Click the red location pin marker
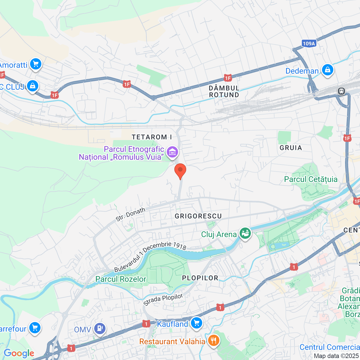[180, 171]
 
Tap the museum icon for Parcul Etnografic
[172, 152]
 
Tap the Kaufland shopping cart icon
[196, 323]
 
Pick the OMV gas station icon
[100, 328]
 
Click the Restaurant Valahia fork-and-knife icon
[214, 341]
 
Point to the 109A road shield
[309, 44]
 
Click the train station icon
[341, 91]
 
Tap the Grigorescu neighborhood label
[198, 216]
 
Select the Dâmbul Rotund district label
[224, 91]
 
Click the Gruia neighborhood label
[291, 148]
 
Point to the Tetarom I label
[152, 137]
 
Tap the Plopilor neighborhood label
[200, 278]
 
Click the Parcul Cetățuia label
[310, 179]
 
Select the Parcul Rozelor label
[121, 279]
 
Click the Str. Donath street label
[130, 214]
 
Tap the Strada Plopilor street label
[163, 300]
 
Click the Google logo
[19, 353]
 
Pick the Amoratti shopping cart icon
[36, 64]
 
